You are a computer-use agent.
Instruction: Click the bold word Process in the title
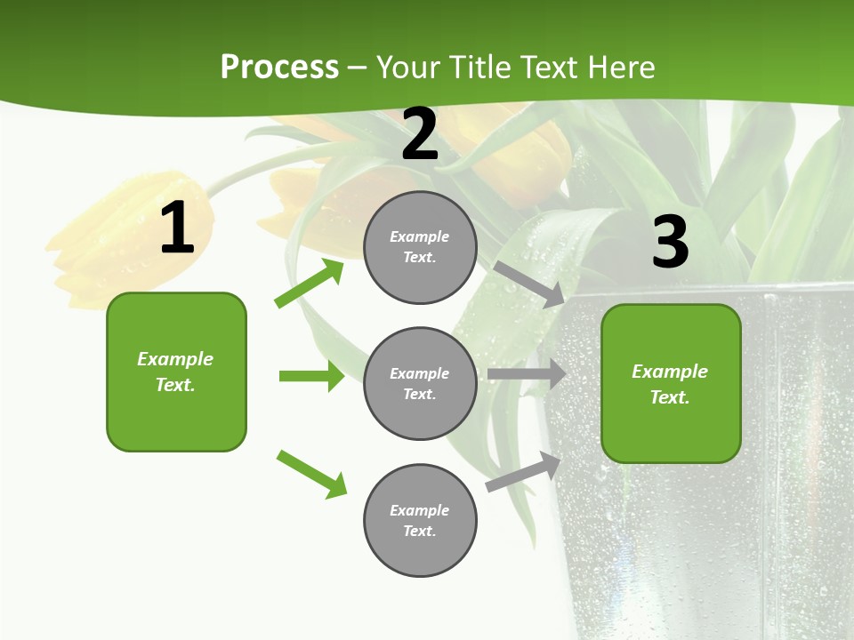click(x=279, y=68)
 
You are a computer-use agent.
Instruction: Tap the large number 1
click(x=177, y=229)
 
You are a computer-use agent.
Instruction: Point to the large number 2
click(x=420, y=134)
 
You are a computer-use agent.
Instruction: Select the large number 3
click(x=670, y=242)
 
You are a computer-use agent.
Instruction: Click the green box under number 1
click(x=176, y=372)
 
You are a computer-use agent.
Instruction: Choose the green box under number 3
click(x=671, y=383)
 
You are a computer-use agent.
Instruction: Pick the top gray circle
click(x=420, y=247)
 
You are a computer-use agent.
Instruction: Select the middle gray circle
click(x=420, y=383)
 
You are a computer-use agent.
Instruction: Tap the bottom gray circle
click(x=420, y=520)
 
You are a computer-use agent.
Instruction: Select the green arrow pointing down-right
click(x=312, y=474)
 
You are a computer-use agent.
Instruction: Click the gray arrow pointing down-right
click(x=528, y=284)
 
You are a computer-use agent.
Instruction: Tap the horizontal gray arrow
click(x=527, y=374)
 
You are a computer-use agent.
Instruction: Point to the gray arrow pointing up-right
click(x=523, y=471)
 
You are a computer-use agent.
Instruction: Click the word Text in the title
click(x=552, y=68)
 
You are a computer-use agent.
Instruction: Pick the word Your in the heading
click(x=409, y=68)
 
